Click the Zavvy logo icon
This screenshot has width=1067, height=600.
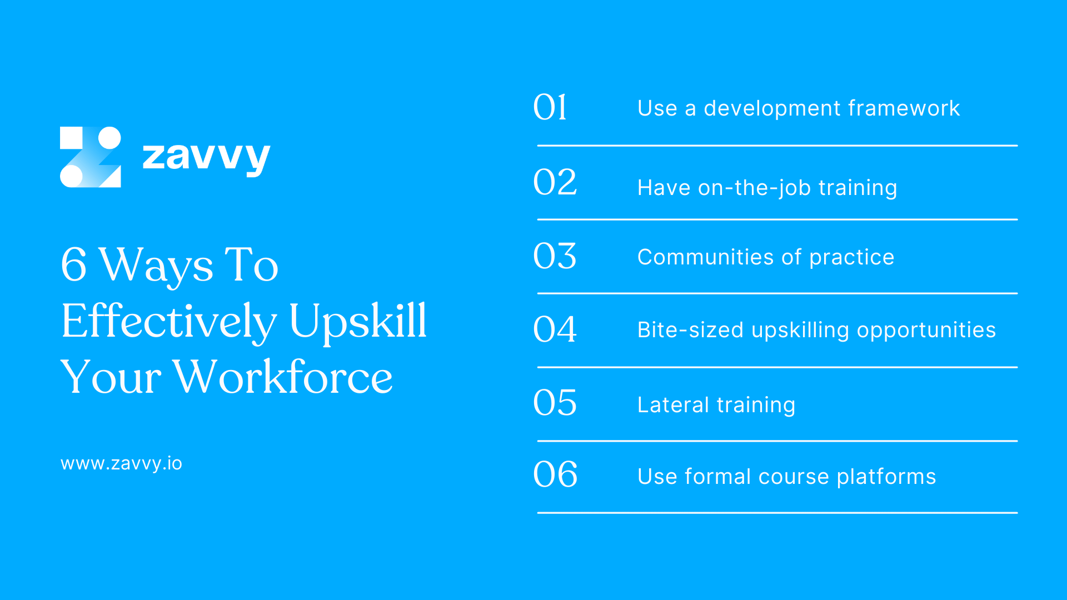coord(90,157)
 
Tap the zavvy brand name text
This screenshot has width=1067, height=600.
coord(206,157)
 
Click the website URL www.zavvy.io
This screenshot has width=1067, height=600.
coord(121,463)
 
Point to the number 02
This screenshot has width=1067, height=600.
coord(555,182)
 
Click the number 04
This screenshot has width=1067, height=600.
coord(555,329)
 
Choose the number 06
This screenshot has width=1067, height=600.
coord(555,474)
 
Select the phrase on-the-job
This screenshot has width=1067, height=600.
coord(754,188)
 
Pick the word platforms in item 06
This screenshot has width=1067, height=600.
coord(886,477)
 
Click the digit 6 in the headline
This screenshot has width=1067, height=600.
coord(74,264)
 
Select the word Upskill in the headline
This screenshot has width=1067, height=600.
coord(357,321)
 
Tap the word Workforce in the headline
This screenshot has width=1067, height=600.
coord(282,377)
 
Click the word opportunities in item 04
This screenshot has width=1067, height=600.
coord(926,331)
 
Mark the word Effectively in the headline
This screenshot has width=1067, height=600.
coord(168,321)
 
